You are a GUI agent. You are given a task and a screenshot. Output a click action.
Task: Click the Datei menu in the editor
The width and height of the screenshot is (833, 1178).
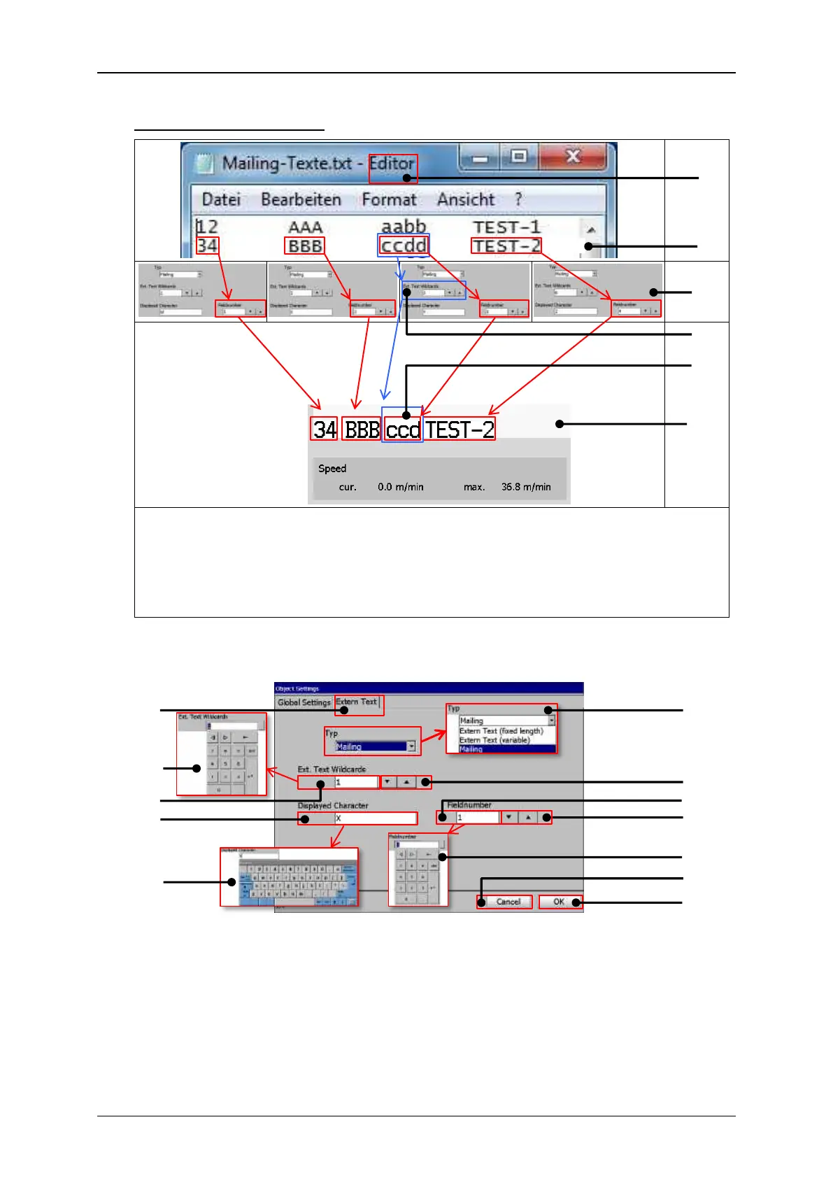pos(221,199)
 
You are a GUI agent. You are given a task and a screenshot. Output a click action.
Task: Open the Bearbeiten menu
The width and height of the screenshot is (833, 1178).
pos(301,199)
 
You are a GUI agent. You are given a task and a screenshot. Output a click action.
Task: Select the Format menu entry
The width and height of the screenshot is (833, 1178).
pos(389,199)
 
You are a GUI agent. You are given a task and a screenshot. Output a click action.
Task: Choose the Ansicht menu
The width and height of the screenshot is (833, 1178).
pos(466,199)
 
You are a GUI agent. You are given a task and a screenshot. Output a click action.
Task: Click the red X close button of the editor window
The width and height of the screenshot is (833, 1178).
pos(573,156)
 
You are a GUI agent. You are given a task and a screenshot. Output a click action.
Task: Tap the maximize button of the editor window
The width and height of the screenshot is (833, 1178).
pos(519,156)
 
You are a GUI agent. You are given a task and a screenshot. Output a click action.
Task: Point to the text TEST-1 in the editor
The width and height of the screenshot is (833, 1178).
pos(506,227)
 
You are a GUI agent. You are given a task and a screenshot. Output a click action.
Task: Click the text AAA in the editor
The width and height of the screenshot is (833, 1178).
pos(305,227)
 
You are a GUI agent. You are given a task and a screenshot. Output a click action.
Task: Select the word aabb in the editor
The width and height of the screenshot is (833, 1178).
pos(404,227)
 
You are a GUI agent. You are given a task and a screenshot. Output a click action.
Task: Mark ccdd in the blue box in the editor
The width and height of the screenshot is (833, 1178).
pos(404,246)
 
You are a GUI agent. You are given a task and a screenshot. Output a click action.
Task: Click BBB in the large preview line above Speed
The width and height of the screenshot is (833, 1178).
pos(362,430)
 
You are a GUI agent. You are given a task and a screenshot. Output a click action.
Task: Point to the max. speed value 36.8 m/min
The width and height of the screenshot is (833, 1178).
pos(525,487)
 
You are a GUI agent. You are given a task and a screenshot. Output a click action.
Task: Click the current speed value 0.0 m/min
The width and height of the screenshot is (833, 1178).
pos(400,487)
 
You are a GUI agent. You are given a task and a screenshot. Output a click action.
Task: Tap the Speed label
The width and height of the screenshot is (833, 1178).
pos(332,469)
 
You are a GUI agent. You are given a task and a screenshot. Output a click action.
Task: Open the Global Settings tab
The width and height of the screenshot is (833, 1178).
pos(304,702)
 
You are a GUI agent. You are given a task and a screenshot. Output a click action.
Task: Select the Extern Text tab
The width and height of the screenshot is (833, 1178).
pos(357,702)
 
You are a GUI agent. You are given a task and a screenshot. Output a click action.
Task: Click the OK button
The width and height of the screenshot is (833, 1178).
pos(559,902)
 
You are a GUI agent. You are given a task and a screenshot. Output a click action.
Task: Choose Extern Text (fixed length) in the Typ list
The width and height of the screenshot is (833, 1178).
pos(501,731)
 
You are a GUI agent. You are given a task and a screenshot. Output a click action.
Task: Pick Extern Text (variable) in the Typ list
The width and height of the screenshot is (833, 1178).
pos(494,740)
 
